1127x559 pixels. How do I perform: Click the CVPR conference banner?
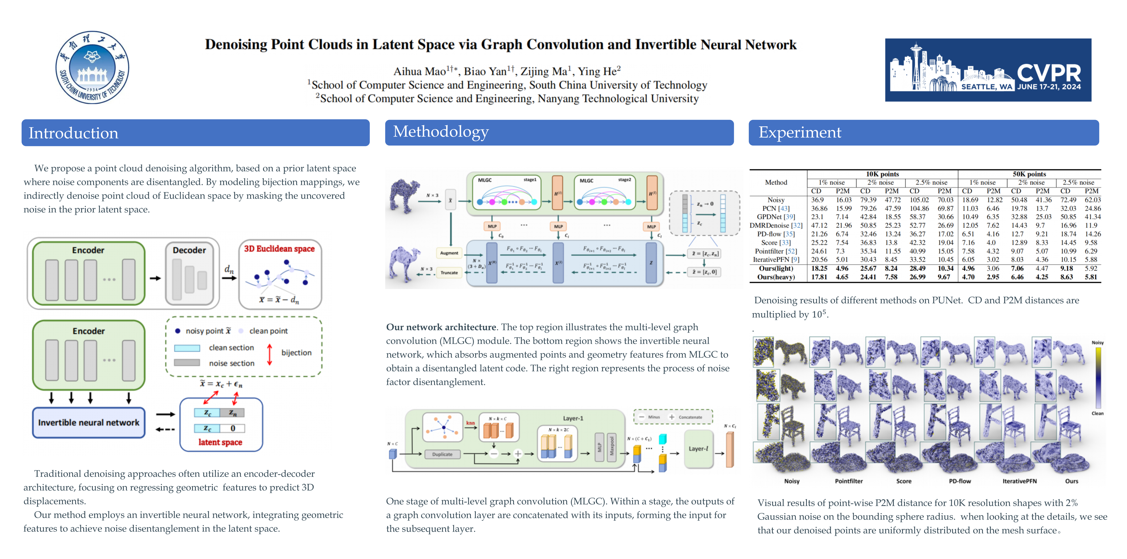pyautogui.click(x=988, y=70)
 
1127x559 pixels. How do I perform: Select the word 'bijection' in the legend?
pyautogui.click(x=296, y=353)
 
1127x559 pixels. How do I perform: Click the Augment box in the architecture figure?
pyautogui.click(x=449, y=253)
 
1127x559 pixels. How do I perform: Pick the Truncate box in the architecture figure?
pyautogui.click(x=449, y=272)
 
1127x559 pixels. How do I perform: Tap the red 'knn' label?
pyautogui.click(x=470, y=423)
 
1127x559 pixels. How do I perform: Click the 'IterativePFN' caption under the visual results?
pyautogui.click(x=1019, y=481)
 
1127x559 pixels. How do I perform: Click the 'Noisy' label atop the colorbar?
pyautogui.click(x=1097, y=342)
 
